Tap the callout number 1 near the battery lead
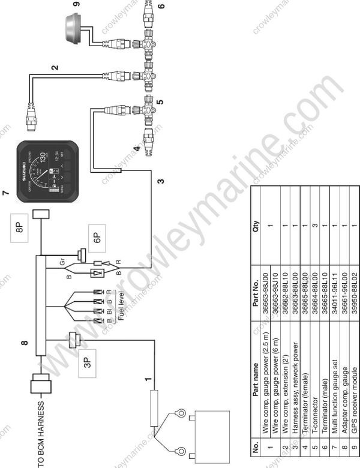145,379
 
